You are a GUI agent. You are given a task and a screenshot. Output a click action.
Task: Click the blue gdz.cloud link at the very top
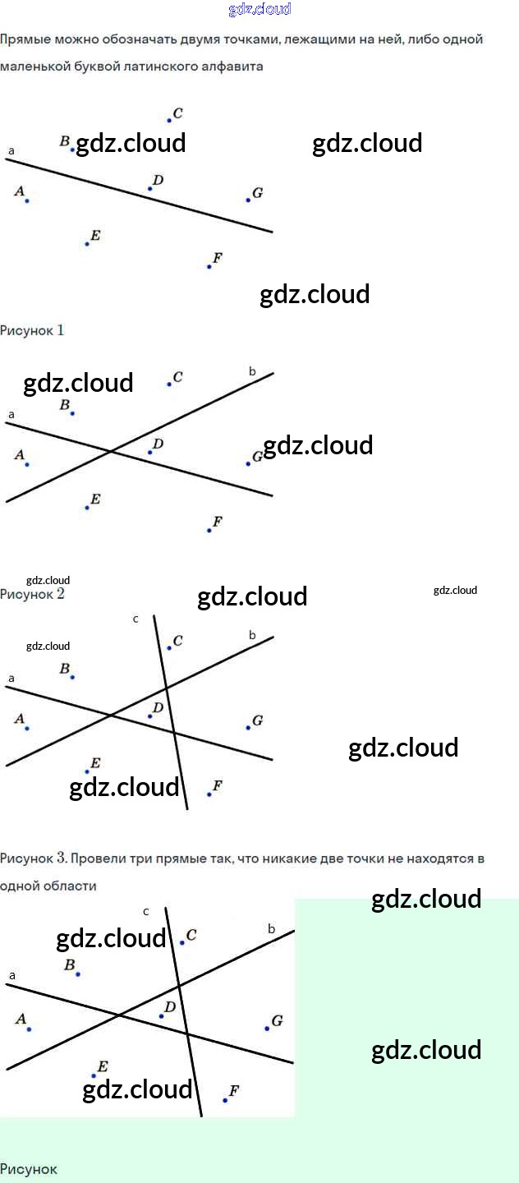click(259, 10)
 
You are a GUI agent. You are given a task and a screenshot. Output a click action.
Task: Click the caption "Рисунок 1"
click(32, 330)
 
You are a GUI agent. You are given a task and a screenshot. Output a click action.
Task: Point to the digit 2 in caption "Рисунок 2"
click(60, 594)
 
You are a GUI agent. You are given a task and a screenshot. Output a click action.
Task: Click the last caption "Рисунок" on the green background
click(29, 1169)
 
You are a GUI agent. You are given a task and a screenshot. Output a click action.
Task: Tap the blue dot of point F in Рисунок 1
click(209, 266)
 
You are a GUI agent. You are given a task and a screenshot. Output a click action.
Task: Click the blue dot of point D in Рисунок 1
click(149, 189)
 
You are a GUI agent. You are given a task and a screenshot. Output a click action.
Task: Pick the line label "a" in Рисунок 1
click(11, 151)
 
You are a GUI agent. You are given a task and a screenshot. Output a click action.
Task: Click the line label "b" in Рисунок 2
click(252, 372)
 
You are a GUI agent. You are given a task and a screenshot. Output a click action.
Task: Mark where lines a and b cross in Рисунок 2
click(112, 451)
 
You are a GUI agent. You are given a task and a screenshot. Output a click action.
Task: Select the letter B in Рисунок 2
click(64, 405)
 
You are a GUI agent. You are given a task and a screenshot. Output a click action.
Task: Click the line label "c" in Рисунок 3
click(135, 619)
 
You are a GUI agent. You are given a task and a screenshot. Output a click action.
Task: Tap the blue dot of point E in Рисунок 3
click(87, 771)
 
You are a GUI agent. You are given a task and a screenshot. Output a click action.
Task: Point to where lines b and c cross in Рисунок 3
click(166, 687)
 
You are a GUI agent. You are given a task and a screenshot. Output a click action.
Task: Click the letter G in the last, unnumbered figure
click(277, 1021)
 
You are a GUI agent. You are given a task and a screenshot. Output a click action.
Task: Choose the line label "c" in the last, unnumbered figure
click(145, 911)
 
